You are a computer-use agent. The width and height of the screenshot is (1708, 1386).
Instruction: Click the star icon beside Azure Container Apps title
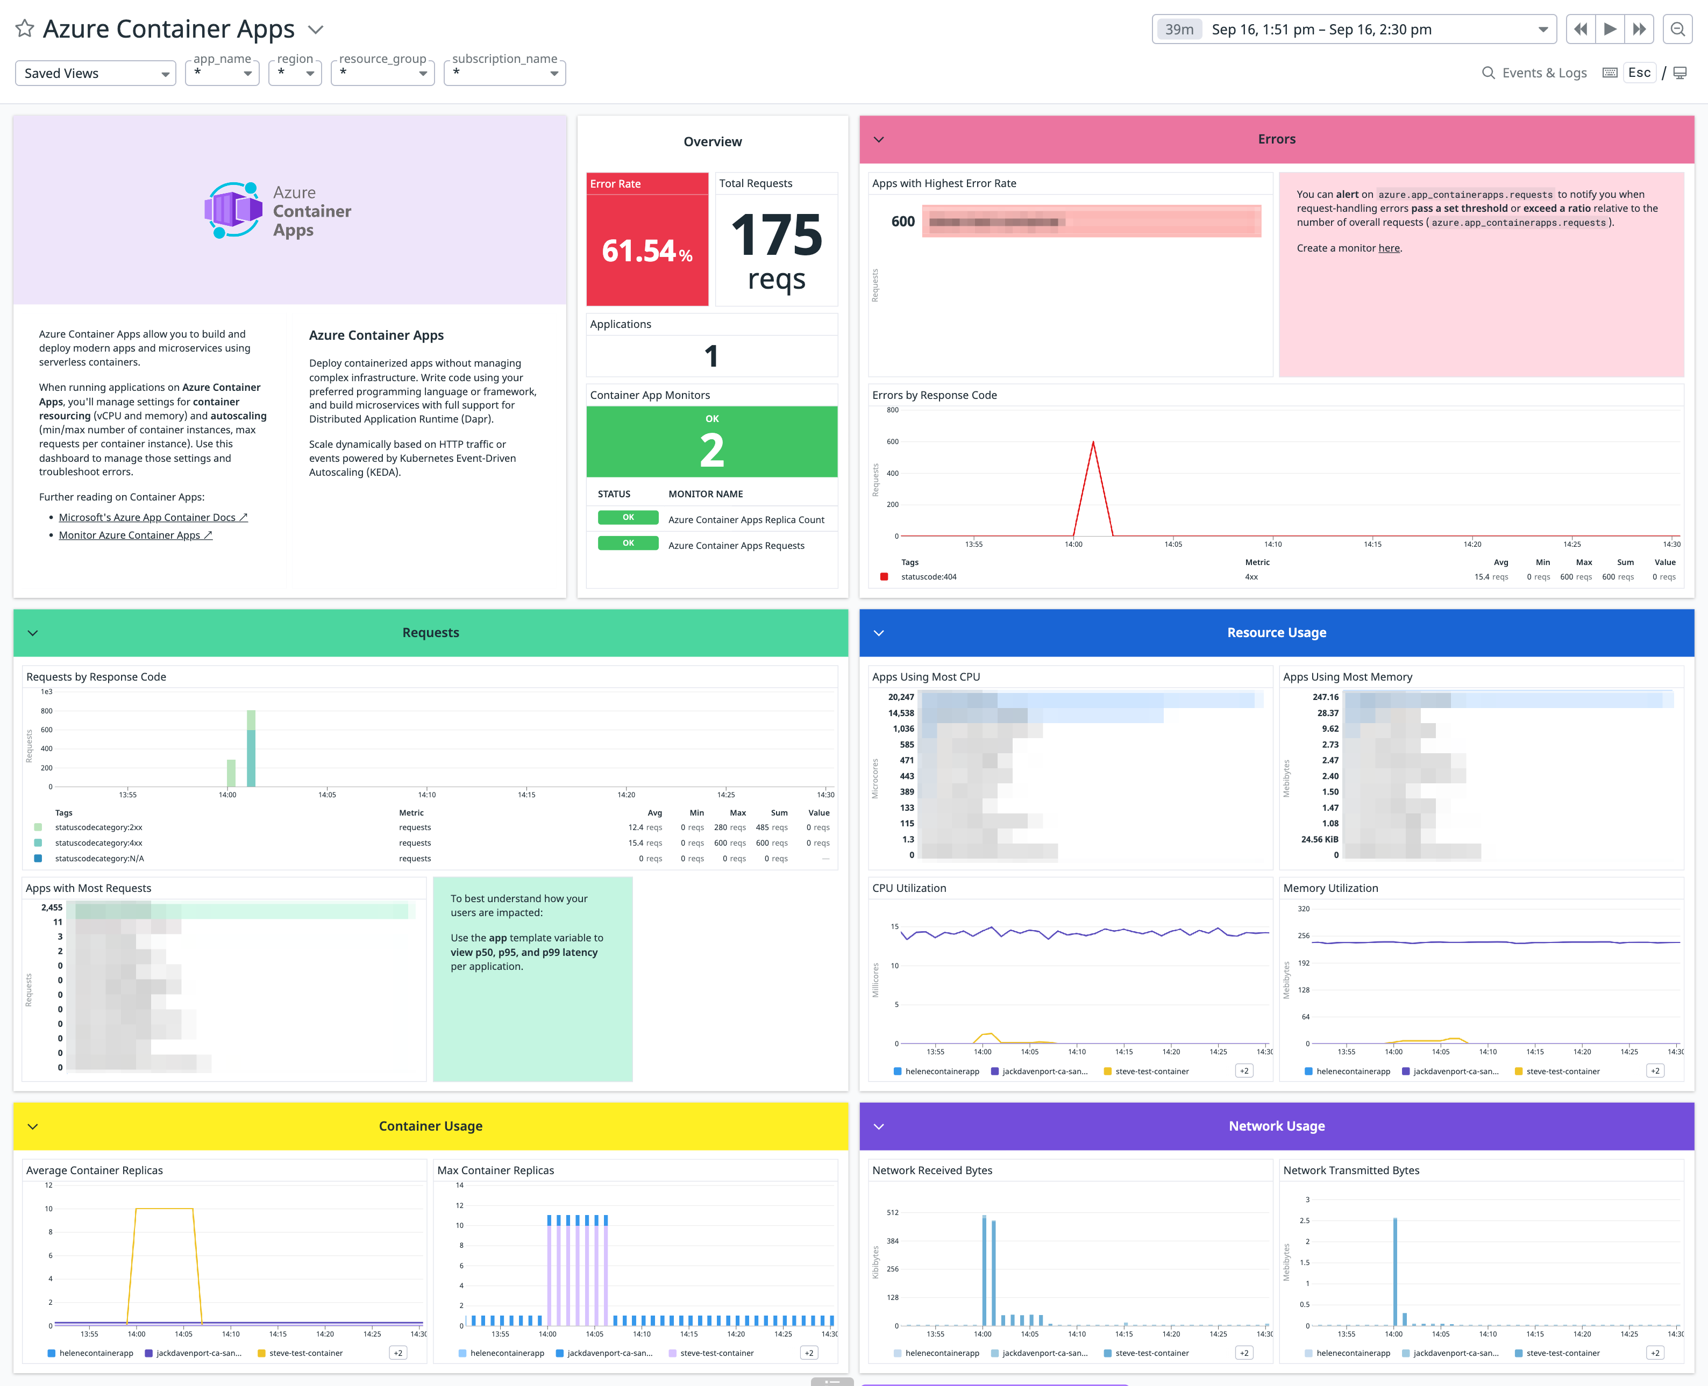[x=25, y=28]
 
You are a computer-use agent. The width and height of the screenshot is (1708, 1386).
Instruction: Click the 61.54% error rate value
[x=646, y=251]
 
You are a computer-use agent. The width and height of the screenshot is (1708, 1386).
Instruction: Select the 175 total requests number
[x=776, y=235]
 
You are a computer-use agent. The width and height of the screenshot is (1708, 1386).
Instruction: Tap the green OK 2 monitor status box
[x=711, y=441]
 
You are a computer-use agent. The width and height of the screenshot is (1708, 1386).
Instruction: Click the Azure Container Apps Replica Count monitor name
[x=746, y=520]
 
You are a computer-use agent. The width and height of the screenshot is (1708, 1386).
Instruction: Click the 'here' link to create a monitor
[x=1389, y=248]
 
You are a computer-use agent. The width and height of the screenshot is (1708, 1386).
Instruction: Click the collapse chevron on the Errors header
[x=878, y=140]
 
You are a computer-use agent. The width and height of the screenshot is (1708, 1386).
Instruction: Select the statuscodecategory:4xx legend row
[x=99, y=843]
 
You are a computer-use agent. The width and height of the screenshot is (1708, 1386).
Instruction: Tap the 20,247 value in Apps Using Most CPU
[x=901, y=697]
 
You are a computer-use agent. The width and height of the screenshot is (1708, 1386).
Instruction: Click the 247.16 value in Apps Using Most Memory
[x=1325, y=697]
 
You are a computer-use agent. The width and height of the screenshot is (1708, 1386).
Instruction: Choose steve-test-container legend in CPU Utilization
[x=1151, y=1071]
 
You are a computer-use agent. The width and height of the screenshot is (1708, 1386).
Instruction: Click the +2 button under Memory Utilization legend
[x=1655, y=1071]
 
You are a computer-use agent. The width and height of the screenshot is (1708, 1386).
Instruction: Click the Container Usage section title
[x=430, y=1126]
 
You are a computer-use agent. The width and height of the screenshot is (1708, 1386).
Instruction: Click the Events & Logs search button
[x=1534, y=73]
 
